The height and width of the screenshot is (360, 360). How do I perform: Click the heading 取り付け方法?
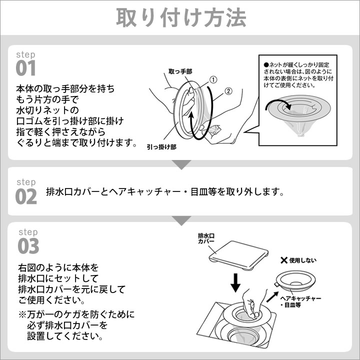pos(181,17)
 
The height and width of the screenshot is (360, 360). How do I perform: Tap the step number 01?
pos(25,68)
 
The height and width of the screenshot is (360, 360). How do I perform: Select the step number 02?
pos(26,196)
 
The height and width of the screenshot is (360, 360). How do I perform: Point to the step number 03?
pos(28,246)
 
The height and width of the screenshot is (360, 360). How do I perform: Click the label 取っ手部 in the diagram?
pos(180,71)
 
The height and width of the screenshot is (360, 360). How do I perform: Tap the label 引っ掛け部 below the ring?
pos(161,147)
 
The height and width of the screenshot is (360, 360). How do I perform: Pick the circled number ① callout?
pos(213,80)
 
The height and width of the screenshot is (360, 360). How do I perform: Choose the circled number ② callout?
pos(228,91)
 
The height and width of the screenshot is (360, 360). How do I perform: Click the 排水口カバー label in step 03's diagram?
pos(206,238)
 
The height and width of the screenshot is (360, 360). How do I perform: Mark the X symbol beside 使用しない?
pos(284,260)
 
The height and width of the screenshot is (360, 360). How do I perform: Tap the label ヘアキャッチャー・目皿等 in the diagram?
pos(300,301)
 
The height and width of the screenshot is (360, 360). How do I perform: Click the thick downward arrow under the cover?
pos(235,282)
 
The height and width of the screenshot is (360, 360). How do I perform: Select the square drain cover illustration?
pos(238,255)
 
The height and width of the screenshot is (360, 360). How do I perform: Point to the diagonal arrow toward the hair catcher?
pos(272,297)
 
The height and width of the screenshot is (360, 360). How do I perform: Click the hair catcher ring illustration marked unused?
pos(296,280)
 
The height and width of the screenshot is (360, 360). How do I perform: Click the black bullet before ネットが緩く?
pos(266,64)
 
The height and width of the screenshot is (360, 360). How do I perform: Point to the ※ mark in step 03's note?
pos(22,314)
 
